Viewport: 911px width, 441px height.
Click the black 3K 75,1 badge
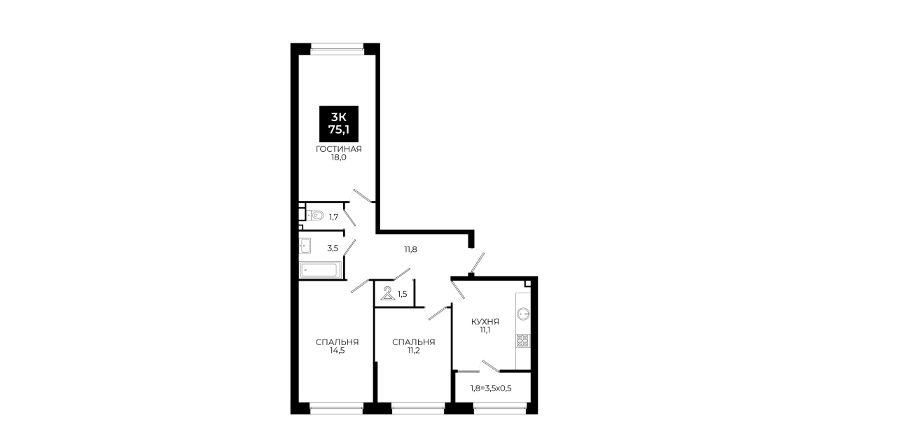[x=339, y=124]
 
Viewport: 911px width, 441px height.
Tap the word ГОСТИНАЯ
[x=339, y=149]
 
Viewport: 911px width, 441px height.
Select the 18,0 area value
[x=338, y=157]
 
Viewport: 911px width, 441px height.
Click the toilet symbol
[x=316, y=215]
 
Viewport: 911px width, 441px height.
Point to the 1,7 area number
[x=333, y=217]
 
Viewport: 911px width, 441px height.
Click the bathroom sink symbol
[x=305, y=246]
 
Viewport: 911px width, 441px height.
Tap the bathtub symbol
[x=320, y=270]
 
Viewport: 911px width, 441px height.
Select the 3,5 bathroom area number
[x=333, y=248]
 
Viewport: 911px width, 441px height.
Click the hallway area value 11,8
[x=410, y=250]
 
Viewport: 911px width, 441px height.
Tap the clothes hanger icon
[x=388, y=293]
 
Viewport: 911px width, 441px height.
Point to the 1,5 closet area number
[x=402, y=294]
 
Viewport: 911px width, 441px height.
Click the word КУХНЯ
[x=485, y=321]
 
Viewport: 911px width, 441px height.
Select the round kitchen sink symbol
[x=523, y=314]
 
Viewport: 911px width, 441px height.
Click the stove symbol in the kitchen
[x=523, y=341]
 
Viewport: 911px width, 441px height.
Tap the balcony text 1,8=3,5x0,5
[x=491, y=388]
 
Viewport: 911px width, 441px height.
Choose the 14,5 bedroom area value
[x=337, y=351]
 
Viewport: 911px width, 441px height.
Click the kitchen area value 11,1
[x=485, y=330]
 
